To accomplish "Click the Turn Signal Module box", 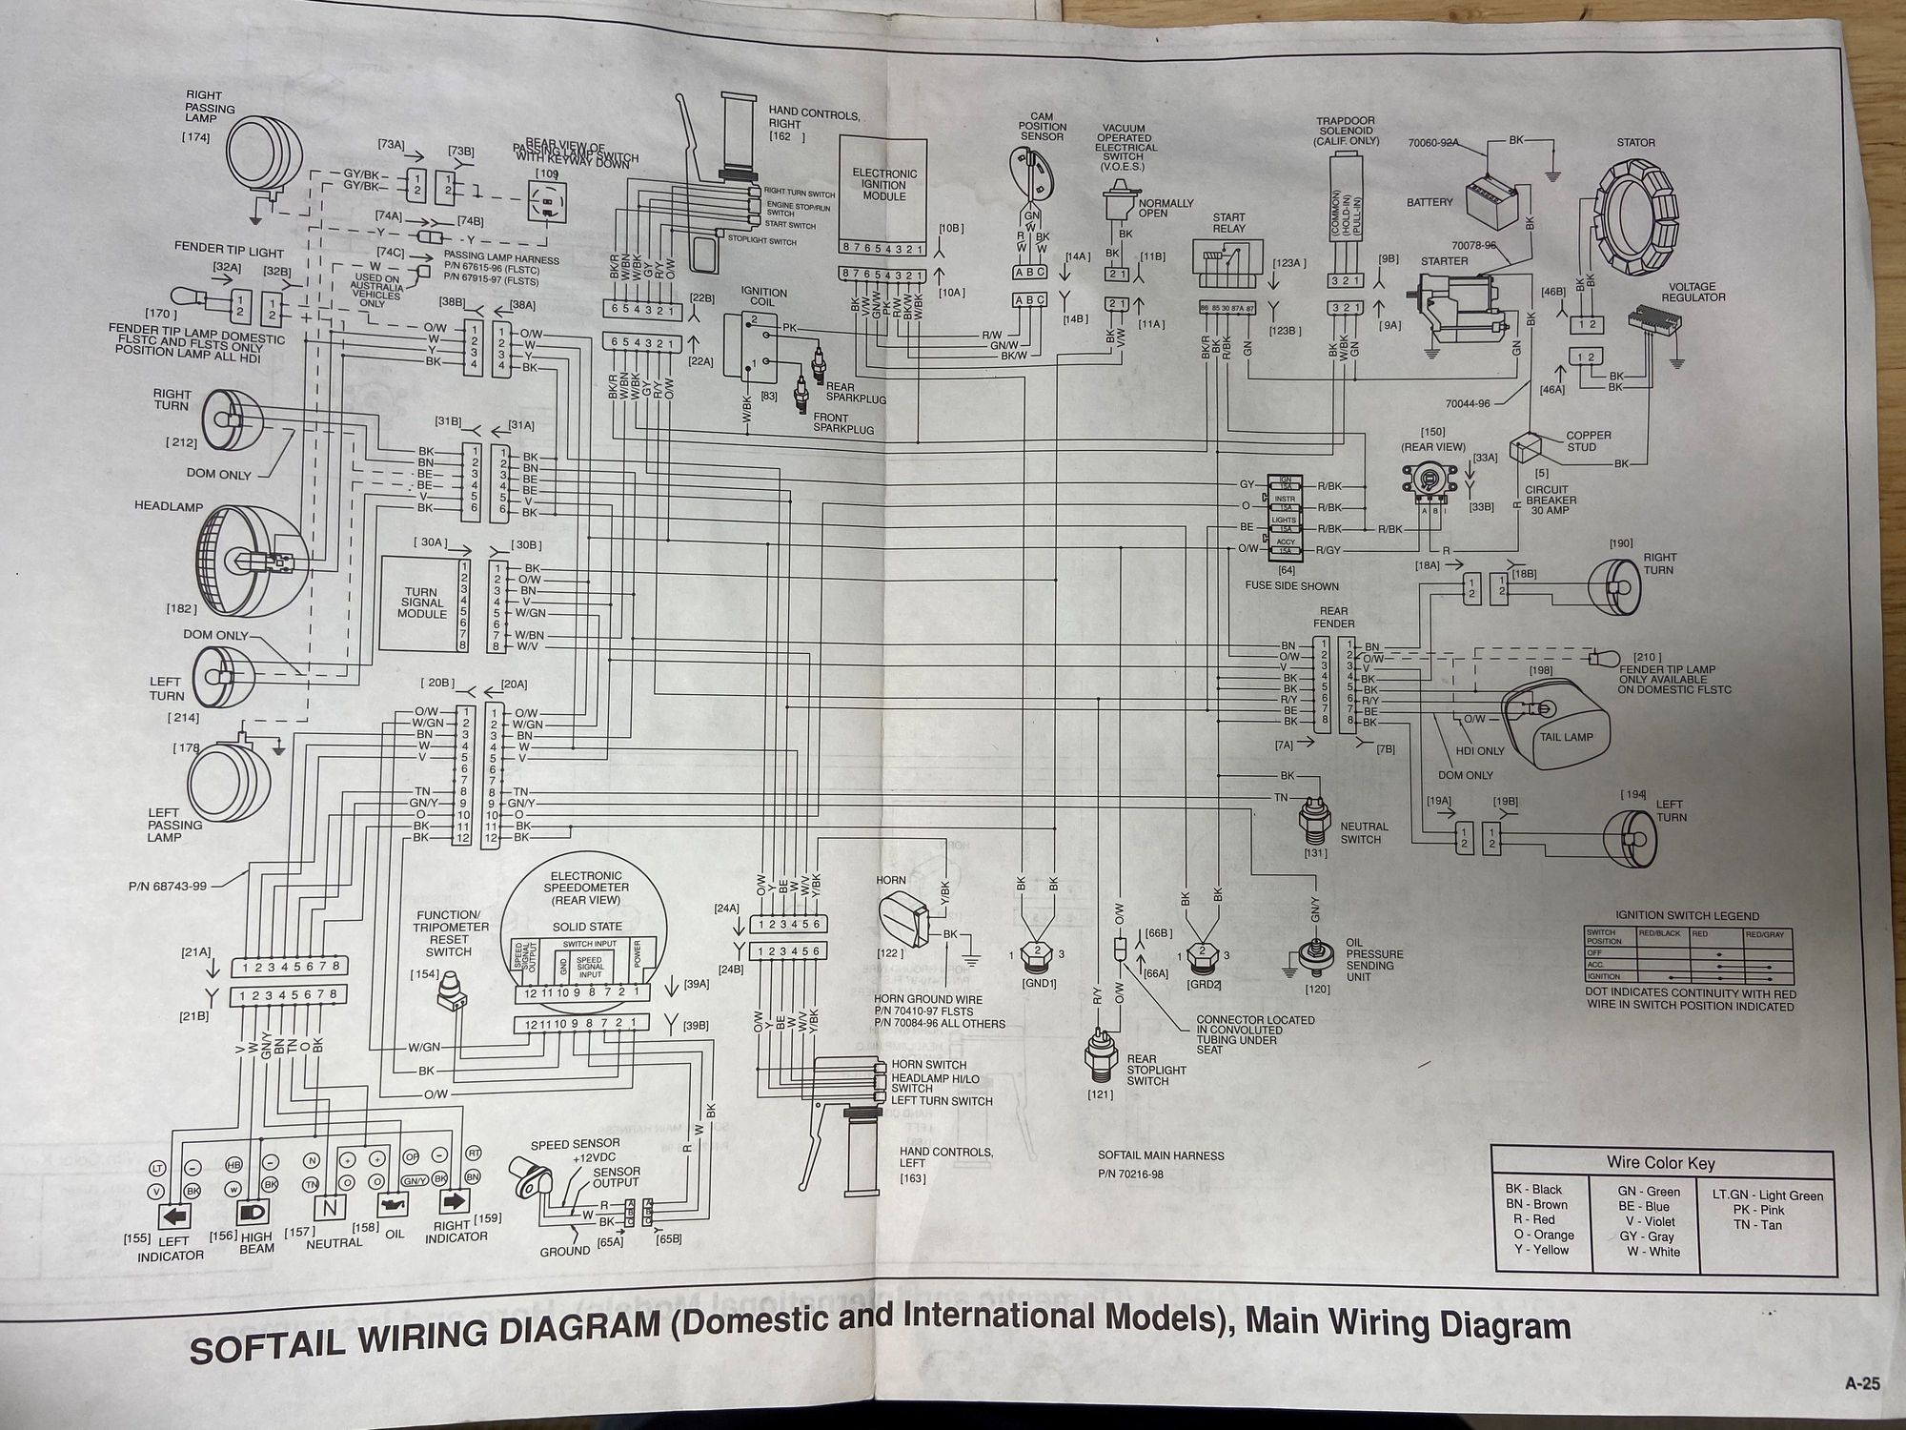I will (421, 603).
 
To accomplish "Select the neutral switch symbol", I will (1316, 816).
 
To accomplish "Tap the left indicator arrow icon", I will (174, 1216).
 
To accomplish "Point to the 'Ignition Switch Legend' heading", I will (1688, 916).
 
